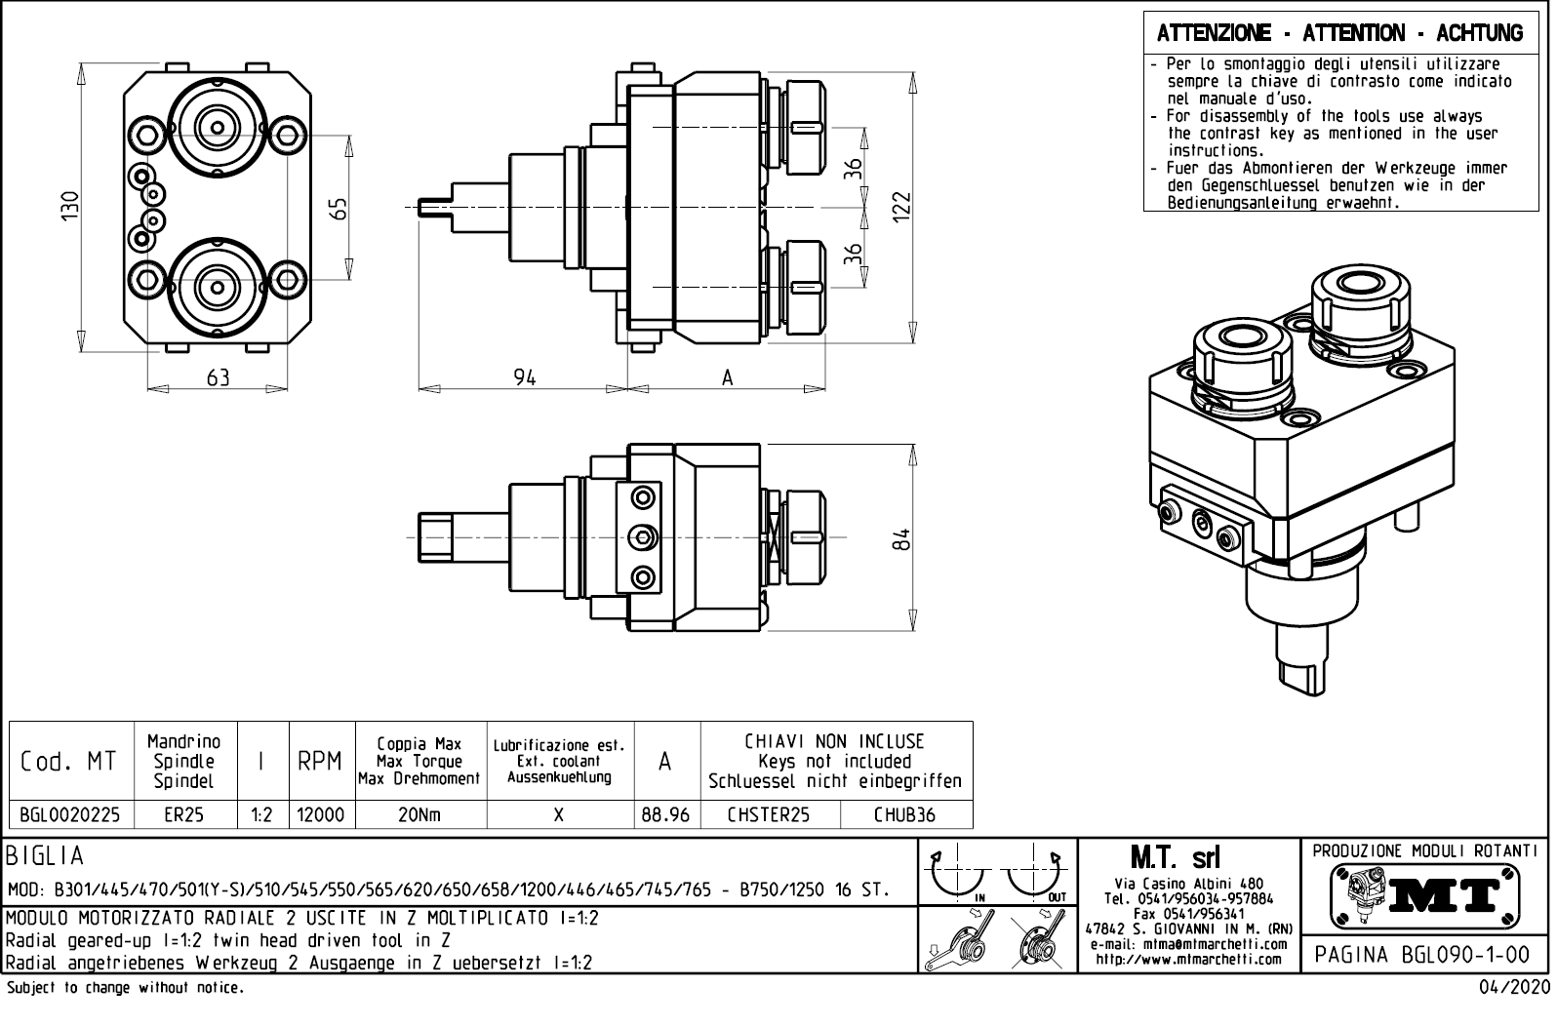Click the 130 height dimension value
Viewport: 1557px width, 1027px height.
coord(67,208)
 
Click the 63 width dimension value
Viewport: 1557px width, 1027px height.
coord(218,377)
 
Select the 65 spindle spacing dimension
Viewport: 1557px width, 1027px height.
coord(338,209)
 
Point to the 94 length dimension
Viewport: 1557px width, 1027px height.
coord(525,377)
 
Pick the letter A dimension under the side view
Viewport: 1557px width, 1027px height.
coord(727,378)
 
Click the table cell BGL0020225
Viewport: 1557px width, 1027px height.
coord(70,815)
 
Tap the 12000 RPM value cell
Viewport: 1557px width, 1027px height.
coord(320,815)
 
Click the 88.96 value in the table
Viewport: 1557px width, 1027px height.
coord(665,815)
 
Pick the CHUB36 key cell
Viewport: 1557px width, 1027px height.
coord(904,815)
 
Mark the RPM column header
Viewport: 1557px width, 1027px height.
coord(320,762)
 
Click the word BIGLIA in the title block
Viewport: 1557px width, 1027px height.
coord(45,857)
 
